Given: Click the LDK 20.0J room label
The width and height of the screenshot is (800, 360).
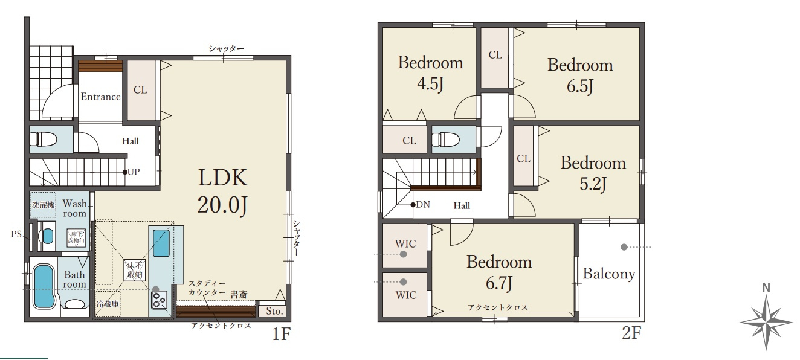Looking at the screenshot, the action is coord(222,191).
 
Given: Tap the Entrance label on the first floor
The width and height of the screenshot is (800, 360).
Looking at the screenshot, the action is coord(100,97).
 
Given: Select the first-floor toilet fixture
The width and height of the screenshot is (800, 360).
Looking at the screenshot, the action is coord(44,139).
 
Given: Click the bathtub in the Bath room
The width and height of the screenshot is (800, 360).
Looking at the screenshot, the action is coord(44,287).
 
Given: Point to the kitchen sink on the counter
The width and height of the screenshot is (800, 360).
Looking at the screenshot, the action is coord(161,243).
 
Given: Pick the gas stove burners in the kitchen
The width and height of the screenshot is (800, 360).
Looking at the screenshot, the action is coord(159,300).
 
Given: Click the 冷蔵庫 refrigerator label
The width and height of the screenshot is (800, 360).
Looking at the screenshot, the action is coord(108,304).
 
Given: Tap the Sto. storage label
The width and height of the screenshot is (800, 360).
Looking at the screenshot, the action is coord(274,311).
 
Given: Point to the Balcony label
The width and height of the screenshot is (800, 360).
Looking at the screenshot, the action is coord(609,274).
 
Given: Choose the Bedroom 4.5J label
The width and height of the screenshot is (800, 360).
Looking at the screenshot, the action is coord(430,73).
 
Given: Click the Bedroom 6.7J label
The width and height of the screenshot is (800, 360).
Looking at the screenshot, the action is coord(499,272).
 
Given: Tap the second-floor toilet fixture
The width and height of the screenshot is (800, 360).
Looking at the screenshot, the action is coord(445,140).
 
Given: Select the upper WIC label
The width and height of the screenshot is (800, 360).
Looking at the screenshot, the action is coord(405,244).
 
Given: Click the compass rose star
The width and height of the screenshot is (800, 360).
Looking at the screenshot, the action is coord(766,322).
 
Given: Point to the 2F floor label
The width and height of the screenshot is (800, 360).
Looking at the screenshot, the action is coord(631,333).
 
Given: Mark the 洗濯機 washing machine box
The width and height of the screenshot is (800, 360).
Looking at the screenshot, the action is coord(43,205).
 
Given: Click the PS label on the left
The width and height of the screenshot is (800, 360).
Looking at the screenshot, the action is coord(16,234).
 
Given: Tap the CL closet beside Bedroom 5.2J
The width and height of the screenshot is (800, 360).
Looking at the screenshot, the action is coord(524,159).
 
